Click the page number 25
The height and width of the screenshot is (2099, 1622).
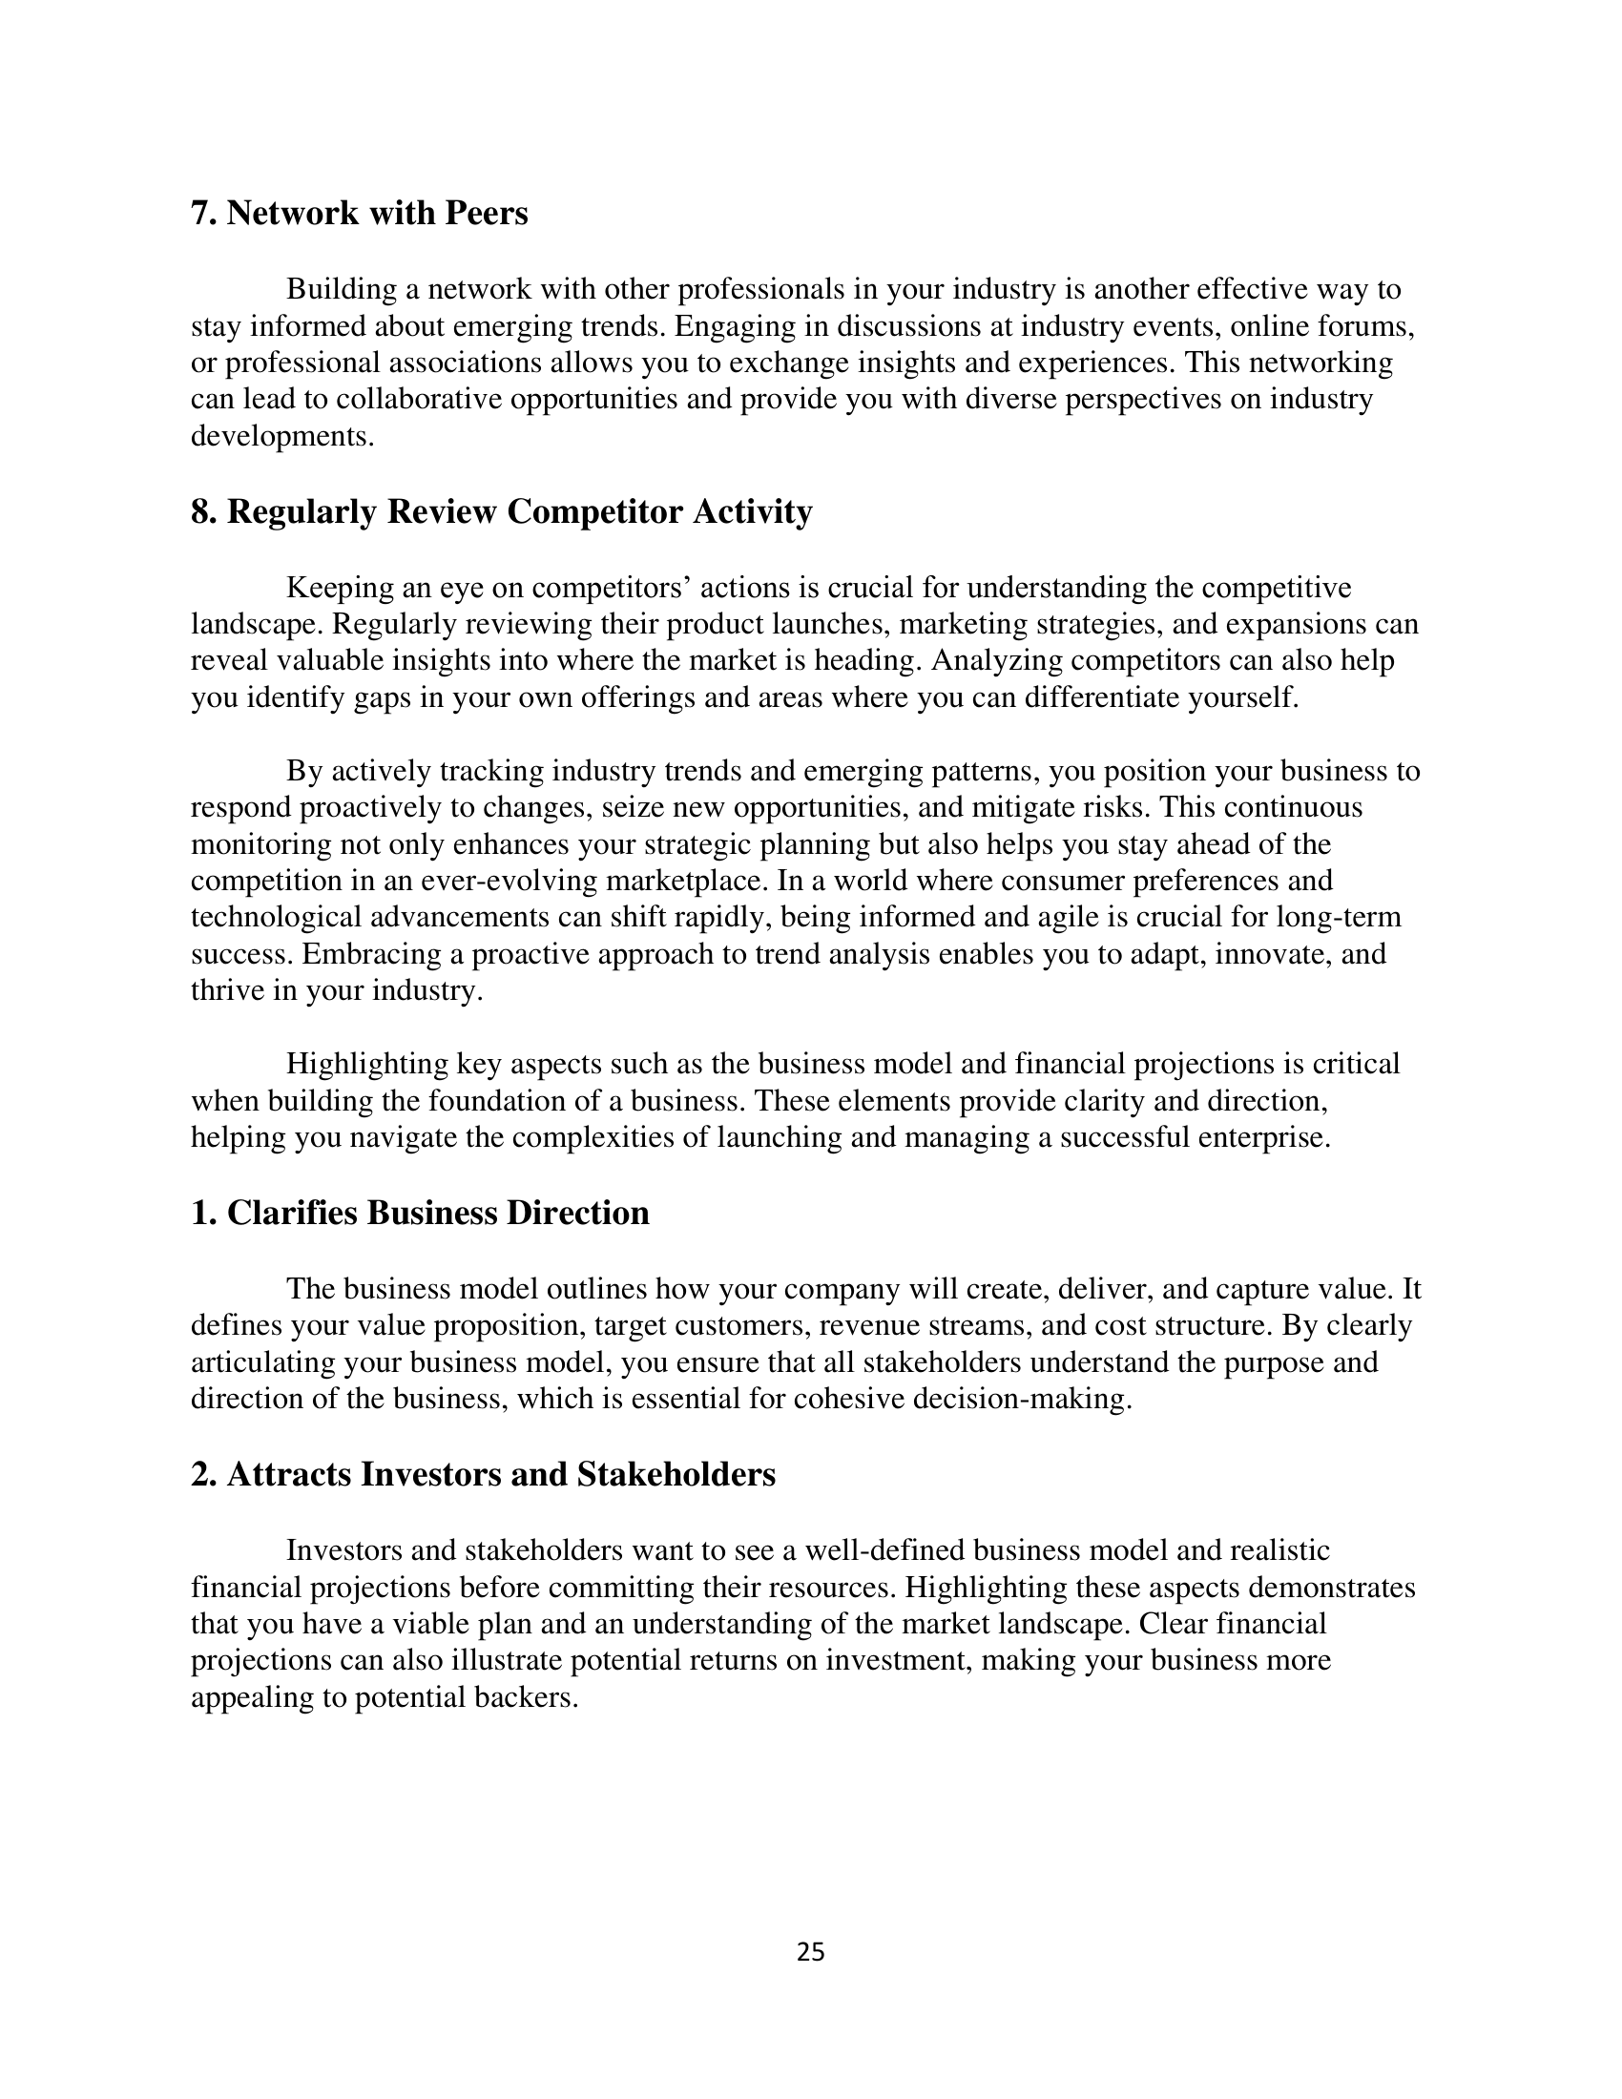[810, 1952]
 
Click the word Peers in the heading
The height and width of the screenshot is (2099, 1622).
[486, 213]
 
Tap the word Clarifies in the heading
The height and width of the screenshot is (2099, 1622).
[292, 1213]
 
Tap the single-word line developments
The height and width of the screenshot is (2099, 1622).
[281, 436]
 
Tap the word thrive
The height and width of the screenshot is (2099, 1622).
[227, 990]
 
